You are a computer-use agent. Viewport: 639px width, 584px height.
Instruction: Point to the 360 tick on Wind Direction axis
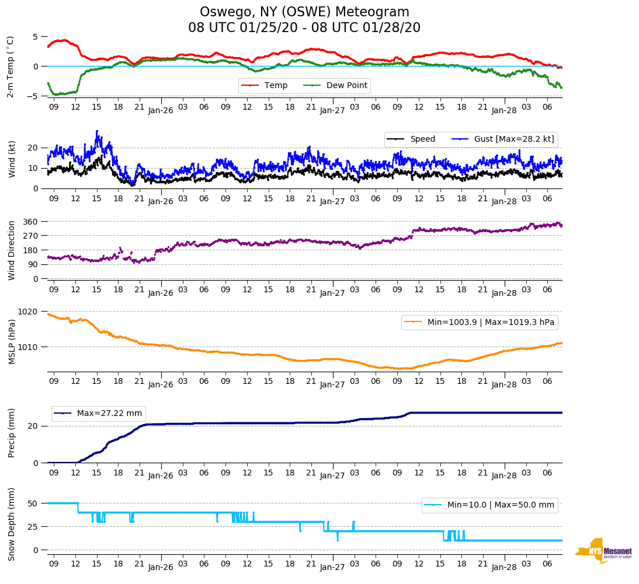[x=30, y=222]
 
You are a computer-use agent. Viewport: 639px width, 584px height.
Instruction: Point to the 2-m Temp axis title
[x=10, y=67]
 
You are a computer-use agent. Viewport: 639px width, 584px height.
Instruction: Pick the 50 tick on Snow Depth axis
[x=33, y=503]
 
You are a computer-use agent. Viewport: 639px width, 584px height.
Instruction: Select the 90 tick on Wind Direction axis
[x=33, y=264]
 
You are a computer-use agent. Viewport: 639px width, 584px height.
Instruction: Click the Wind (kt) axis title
[x=11, y=158]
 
